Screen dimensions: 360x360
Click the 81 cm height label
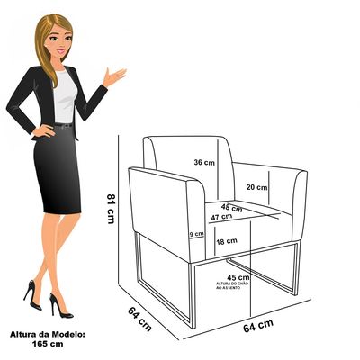tap(111, 209)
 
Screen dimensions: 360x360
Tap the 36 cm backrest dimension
tap(204, 162)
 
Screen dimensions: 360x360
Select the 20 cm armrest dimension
tap(256, 187)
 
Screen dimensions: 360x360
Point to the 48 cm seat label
tap(232, 208)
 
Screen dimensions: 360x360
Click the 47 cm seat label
tap(221, 217)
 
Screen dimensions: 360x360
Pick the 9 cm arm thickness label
tap(196, 234)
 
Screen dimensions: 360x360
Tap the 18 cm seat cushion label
tap(227, 241)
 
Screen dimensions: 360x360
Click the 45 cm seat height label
tap(238, 277)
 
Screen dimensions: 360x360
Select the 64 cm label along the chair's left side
tap(139, 319)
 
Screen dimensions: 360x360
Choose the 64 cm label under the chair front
tap(258, 326)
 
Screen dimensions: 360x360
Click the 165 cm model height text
tap(48, 344)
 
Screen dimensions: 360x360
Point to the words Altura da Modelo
tap(48, 334)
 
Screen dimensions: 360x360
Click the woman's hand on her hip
tap(43, 131)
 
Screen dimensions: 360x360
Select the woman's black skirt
tap(57, 169)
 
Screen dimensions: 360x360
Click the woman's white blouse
tap(65, 96)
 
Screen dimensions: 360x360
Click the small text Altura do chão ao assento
tap(232, 285)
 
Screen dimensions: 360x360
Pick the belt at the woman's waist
tap(64, 126)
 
